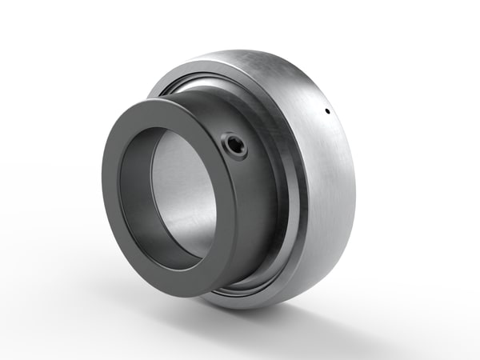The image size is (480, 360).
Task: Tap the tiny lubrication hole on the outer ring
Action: pos(328,112)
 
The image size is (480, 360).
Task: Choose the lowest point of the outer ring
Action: pos(264,308)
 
